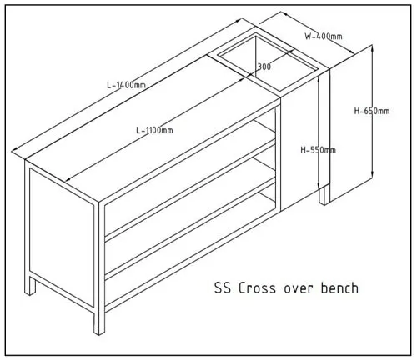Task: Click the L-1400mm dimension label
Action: click(126, 85)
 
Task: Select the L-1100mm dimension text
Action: click(154, 130)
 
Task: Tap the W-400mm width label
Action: click(324, 37)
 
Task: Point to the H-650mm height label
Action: click(372, 111)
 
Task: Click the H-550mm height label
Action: click(319, 150)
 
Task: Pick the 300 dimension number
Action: click(264, 67)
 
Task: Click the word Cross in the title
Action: click(258, 288)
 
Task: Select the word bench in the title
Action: click(340, 287)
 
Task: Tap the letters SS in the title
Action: click(223, 288)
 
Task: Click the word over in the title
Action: click(299, 289)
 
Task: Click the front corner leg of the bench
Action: click(99, 323)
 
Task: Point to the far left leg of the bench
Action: click(30, 286)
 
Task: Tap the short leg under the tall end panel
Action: click(324, 196)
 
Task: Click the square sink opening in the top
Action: click(267, 62)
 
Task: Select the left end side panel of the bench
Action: click(62, 237)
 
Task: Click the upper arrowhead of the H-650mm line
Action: click(372, 48)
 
